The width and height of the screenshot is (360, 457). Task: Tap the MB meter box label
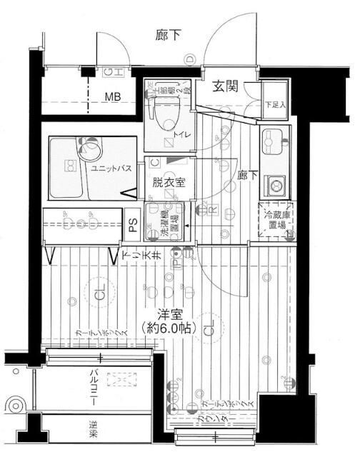[114, 96]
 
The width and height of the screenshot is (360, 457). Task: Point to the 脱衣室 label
[169, 181]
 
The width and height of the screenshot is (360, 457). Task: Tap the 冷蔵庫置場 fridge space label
[274, 219]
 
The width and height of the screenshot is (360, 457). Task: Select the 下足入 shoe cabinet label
[275, 104]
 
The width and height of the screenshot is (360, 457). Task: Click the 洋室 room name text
[169, 313]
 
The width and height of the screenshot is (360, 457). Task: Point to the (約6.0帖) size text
[169, 330]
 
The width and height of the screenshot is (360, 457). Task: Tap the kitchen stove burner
[274, 185]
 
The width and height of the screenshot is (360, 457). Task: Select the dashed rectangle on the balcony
[122, 381]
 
